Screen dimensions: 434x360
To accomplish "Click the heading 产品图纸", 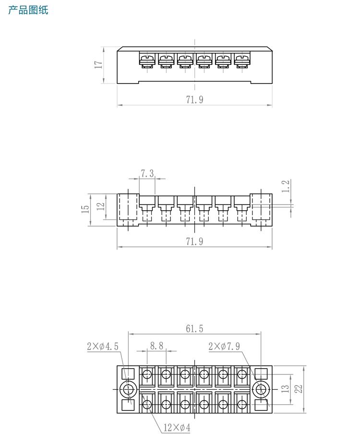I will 28,10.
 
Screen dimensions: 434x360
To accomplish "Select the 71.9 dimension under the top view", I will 194,99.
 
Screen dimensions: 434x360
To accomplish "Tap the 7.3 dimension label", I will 147,173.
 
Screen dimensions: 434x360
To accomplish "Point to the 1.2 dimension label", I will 287,186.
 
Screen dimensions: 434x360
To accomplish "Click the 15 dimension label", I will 85,209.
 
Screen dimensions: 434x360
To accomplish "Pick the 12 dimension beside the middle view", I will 100,206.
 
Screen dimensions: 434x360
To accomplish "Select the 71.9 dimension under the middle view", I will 194,241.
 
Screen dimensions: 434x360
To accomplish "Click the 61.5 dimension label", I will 194,328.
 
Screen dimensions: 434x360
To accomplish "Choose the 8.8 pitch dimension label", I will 156,345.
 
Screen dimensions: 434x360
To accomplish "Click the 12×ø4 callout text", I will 177,427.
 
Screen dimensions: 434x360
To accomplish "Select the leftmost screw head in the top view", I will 146,60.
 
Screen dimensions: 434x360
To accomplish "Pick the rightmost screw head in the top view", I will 241,60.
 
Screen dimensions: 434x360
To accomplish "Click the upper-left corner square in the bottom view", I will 128,374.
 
